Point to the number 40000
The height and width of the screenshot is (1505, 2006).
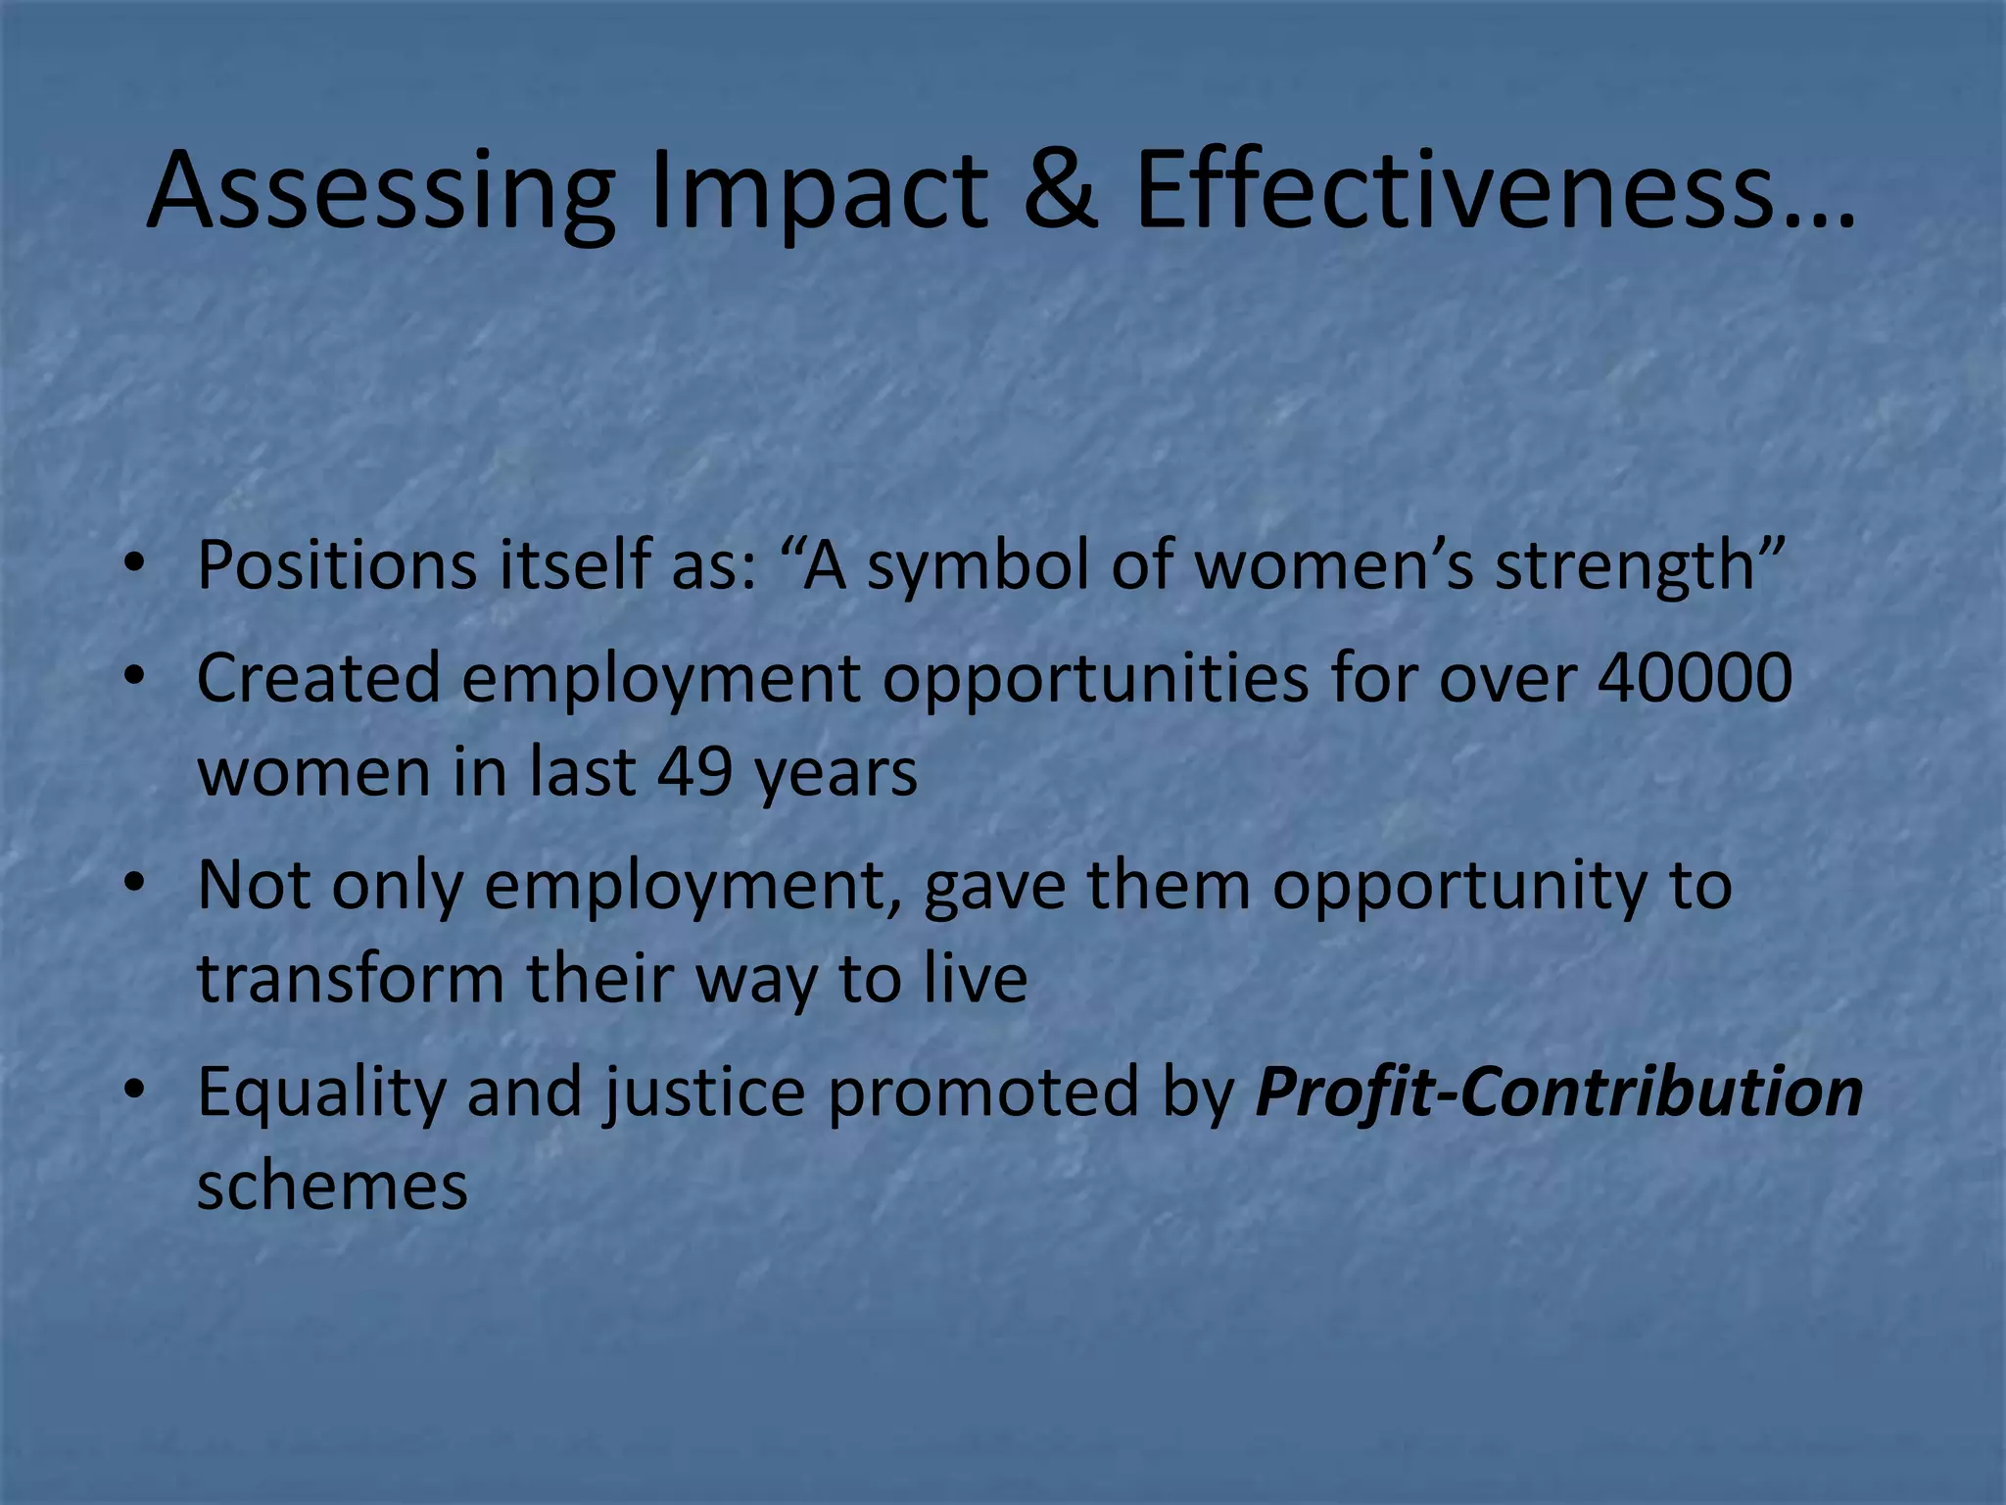coord(1695,677)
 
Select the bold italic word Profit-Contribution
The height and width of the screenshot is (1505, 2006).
coord(1558,1092)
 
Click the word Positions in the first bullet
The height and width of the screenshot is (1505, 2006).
coord(336,565)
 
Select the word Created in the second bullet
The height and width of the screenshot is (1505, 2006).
coord(318,677)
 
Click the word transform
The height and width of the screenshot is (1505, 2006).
coord(351,978)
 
